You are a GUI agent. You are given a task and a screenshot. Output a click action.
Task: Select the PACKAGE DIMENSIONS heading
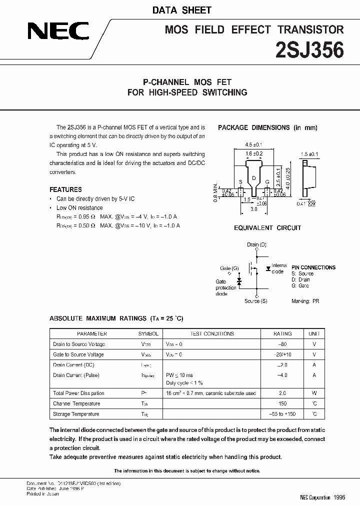(x=267, y=127)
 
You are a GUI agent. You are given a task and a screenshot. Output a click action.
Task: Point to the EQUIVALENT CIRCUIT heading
(x=267, y=228)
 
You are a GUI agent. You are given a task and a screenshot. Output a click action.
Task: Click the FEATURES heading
(x=65, y=189)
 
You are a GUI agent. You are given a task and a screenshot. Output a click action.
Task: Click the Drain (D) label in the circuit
(x=256, y=244)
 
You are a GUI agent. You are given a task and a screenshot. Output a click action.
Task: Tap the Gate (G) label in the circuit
(x=229, y=268)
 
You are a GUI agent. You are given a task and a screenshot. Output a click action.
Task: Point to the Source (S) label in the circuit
(x=255, y=301)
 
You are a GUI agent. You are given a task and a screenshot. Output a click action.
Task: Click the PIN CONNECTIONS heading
(x=313, y=267)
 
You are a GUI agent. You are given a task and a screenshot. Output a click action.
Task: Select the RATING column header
(x=282, y=333)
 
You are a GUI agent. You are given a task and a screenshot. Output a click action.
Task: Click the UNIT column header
(x=314, y=333)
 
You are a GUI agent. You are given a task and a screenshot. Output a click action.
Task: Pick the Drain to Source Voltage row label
(x=78, y=344)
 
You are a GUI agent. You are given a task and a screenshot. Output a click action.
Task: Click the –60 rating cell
(x=282, y=344)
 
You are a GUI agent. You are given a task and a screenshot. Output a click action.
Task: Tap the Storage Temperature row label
(x=76, y=414)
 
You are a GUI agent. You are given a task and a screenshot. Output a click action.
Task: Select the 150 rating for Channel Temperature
(x=282, y=403)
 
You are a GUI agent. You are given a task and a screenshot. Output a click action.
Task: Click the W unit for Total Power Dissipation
(x=314, y=393)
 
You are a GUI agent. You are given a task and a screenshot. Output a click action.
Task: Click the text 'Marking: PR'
(x=305, y=301)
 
